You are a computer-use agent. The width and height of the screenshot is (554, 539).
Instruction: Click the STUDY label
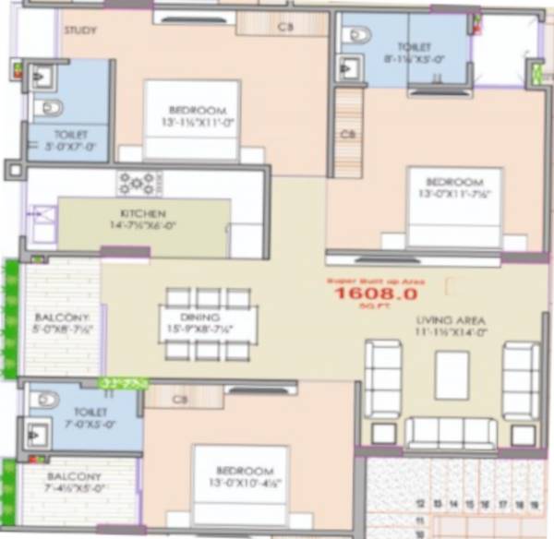click(80, 30)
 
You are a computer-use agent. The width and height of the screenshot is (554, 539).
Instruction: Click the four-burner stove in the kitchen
click(137, 183)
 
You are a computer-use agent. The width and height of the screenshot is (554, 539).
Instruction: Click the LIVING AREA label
click(451, 320)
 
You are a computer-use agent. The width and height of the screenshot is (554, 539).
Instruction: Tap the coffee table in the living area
click(452, 375)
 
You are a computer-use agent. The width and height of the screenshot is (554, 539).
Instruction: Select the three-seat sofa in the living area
click(452, 431)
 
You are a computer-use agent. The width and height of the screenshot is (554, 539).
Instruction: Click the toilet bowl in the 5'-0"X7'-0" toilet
click(48, 109)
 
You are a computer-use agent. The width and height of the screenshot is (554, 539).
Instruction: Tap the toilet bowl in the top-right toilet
click(355, 35)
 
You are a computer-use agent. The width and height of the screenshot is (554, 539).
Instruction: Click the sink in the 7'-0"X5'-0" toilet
click(39, 433)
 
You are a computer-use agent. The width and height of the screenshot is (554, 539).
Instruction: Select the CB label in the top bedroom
click(285, 27)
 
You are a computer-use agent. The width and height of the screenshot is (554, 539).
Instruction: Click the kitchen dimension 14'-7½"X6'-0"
click(142, 223)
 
